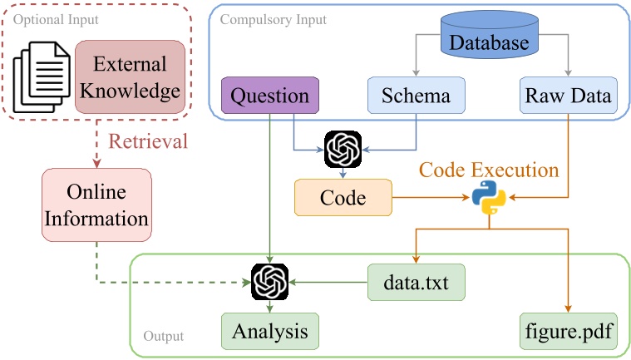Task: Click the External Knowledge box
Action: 130,78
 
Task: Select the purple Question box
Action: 269,96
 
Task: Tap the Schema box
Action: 416,96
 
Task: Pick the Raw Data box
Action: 568,96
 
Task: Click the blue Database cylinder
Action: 489,41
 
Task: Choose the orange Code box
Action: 343,197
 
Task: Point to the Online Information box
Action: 96,206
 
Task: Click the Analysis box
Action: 269,331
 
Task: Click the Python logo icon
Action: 488,198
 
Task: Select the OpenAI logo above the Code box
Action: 343,150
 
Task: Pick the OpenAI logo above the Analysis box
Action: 269,282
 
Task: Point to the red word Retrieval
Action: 149,141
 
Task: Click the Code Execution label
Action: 488,170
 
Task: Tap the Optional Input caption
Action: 51,18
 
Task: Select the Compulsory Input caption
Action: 274,18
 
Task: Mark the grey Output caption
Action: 163,337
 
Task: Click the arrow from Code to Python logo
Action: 428,198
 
